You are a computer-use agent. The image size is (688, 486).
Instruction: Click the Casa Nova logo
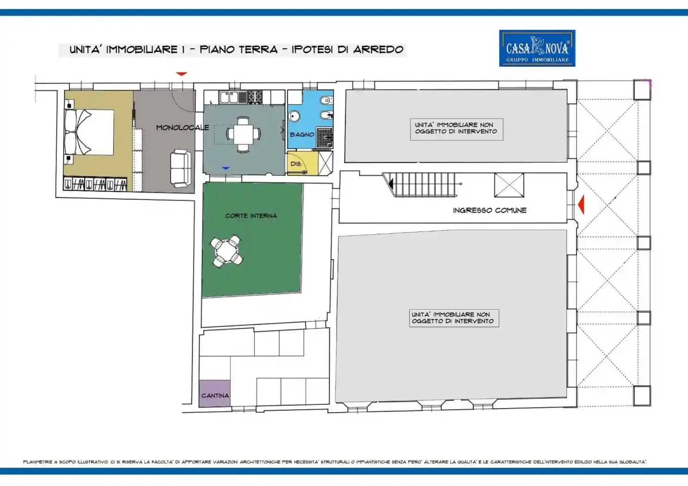(537, 48)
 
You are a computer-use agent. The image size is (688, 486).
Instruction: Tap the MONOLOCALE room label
(182, 127)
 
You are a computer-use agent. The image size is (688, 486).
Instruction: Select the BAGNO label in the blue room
(301, 134)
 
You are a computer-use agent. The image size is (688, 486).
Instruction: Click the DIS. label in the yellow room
(296, 164)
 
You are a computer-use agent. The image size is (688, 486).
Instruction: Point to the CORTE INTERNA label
(251, 216)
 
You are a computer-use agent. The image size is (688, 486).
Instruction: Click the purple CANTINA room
(215, 394)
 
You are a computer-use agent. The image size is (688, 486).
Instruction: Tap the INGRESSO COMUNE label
(489, 210)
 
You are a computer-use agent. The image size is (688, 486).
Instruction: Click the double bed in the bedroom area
(89, 132)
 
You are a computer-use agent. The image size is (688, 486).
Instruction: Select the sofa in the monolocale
(180, 168)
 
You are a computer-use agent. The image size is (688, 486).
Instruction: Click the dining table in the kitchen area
(243, 134)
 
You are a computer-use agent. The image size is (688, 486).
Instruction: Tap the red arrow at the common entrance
(581, 204)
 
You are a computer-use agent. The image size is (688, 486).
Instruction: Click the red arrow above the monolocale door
(181, 74)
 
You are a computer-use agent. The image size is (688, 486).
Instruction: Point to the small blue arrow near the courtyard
(226, 168)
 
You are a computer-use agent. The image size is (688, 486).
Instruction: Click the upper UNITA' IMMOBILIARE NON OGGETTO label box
(456, 129)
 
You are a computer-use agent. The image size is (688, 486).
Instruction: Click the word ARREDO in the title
(378, 50)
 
